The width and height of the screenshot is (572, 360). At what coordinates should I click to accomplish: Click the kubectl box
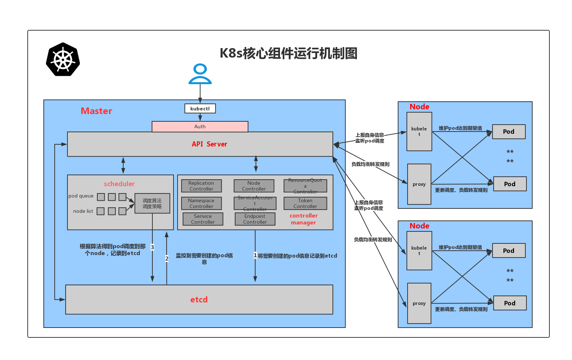(200, 109)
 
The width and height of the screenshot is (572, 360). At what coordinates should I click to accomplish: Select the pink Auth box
(200, 126)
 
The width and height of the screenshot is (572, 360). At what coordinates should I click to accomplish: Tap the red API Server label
(209, 144)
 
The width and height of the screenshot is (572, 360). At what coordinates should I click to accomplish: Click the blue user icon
(200, 74)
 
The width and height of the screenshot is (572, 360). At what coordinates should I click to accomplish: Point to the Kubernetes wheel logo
(63, 59)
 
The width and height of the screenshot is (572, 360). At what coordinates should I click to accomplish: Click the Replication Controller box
(201, 186)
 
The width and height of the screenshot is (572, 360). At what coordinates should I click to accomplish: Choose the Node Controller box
(254, 186)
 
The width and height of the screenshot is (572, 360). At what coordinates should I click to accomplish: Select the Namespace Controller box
(201, 203)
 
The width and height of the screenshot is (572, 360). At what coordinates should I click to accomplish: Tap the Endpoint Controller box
(255, 219)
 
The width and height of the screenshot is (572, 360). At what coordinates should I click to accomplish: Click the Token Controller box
(305, 203)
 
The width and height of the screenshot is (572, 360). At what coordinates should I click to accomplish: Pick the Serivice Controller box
(203, 219)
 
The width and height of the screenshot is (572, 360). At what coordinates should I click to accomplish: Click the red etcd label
(199, 300)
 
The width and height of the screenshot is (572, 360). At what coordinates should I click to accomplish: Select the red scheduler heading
(119, 184)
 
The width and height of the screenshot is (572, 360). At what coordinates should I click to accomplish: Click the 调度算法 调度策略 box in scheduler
(152, 203)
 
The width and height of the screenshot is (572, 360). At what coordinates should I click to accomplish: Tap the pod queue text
(81, 196)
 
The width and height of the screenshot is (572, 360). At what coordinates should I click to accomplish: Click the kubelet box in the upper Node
(419, 132)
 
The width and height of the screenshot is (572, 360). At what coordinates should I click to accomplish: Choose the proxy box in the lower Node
(419, 303)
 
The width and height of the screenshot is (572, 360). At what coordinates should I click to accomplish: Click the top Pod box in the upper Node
(509, 132)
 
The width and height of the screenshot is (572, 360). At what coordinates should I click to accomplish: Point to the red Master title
(97, 111)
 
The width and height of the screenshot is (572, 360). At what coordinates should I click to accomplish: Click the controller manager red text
(303, 219)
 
